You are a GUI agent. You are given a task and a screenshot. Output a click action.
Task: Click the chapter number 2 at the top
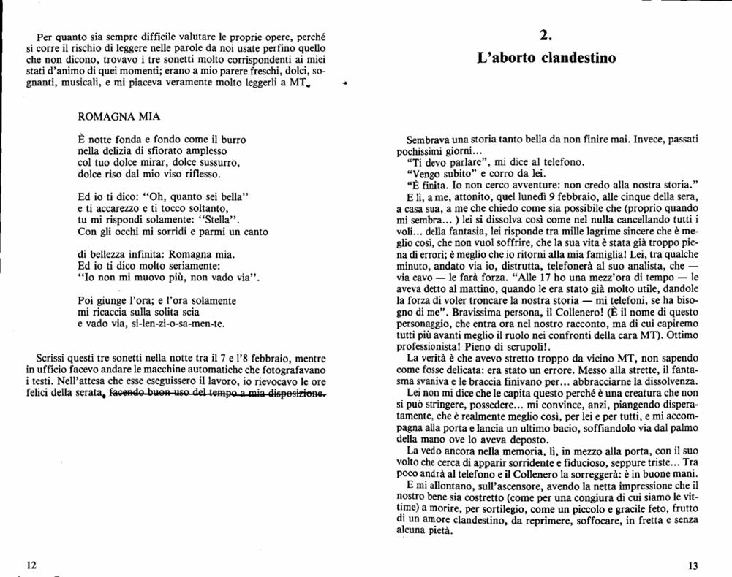(546, 35)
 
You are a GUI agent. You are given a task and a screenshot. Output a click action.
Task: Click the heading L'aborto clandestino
(546, 57)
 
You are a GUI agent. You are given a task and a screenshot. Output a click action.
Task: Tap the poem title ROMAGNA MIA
(118, 117)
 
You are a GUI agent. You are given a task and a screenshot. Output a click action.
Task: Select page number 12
(31, 565)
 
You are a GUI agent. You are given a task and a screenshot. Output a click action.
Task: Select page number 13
(694, 565)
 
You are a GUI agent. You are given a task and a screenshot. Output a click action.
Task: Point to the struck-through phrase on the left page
(216, 394)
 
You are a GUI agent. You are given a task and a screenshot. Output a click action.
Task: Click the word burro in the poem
(231, 140)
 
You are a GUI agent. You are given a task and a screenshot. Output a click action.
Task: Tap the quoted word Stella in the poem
(219, 219)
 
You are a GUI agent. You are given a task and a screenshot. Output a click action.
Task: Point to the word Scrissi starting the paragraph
(52, 359)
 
